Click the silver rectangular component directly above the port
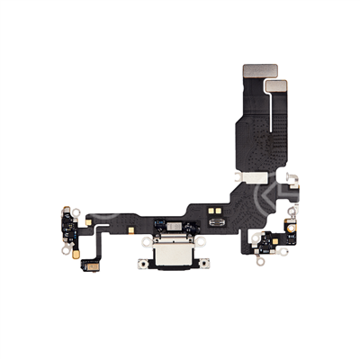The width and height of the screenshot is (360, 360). pyautogui.click(x=169, y=222)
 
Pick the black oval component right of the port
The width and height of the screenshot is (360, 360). pyautogui.click(x=216, y=222)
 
